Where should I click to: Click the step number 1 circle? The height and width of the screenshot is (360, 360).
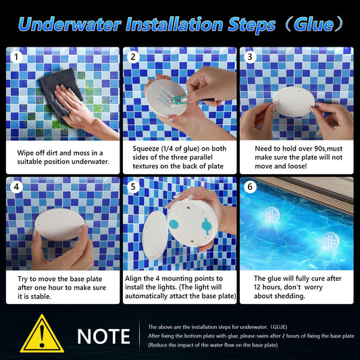click(16, 57)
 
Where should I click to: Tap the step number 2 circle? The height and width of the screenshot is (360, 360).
click(133, 57)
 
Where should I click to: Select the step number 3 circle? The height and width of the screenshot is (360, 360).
click(250, 57)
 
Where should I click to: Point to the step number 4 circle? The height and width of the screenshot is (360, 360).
click(16, 187)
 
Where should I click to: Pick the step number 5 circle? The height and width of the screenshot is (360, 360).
click(133, 187)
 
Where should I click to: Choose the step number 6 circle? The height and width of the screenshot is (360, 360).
click(250, 187)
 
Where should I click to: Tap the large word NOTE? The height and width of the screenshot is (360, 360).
click(103, 336)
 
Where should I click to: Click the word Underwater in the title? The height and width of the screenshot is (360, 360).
click(70, 25)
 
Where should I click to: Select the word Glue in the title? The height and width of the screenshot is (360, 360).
click(313, 24)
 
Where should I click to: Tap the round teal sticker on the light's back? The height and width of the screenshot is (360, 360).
click(174, 224)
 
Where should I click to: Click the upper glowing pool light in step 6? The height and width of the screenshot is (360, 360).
click(272, 214)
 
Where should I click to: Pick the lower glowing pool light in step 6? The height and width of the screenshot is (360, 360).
click(331, 240)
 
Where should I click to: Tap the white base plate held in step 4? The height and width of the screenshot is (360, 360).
click(59, 224)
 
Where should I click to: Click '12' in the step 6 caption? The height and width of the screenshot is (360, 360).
click(257, 287)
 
